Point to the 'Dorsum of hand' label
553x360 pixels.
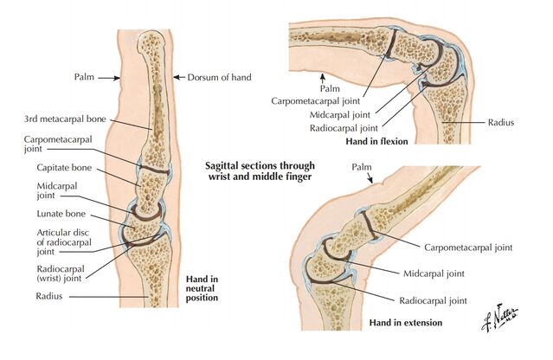point(219,77)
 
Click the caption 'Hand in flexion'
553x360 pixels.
point(376,140)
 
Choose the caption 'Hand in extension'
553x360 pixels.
point(405,322)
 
